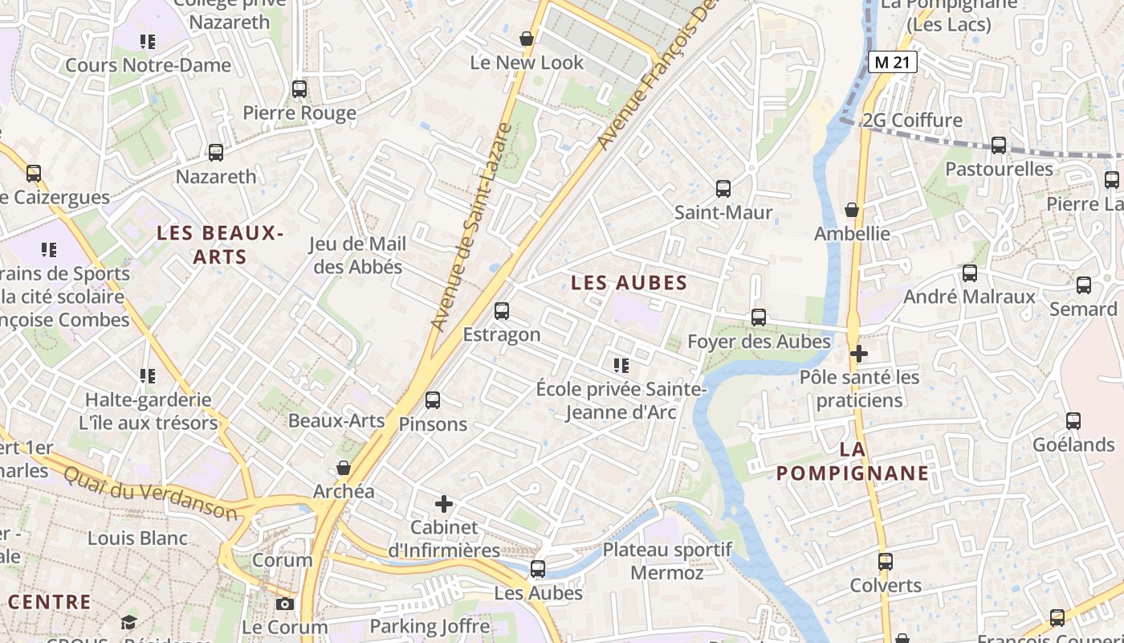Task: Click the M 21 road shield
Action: [x=892, y=62]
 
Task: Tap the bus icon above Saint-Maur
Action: [x=723, y=189]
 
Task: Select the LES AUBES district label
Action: [x=629, y=282]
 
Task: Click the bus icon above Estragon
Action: [x=502, y=310]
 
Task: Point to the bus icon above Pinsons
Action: [x=433, y=399]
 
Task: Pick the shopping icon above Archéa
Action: [x=344, y=468]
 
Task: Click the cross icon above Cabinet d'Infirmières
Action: [x=443, y=504]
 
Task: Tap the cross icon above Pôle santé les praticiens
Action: [x=859, y=353]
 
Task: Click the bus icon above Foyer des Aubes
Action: [x=759, y=317]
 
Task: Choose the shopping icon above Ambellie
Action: [x=852, y=210]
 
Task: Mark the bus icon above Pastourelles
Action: [x=999, y=145]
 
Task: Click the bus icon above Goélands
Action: [x=1073, y=421]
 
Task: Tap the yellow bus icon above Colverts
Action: [x=886, y=562]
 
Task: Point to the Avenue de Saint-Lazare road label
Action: [x=471, y=227]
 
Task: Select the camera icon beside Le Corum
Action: [x=284, y=604]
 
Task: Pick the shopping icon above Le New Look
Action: [x=527, y=39]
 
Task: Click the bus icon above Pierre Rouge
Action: [x=299, y=89]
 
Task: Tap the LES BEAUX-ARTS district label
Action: [x=221, y=245]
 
